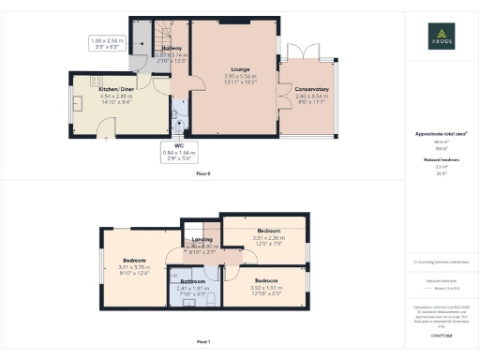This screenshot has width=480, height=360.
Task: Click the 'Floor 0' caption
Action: (202, 174)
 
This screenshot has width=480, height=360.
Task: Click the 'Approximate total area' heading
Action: (440, 134)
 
